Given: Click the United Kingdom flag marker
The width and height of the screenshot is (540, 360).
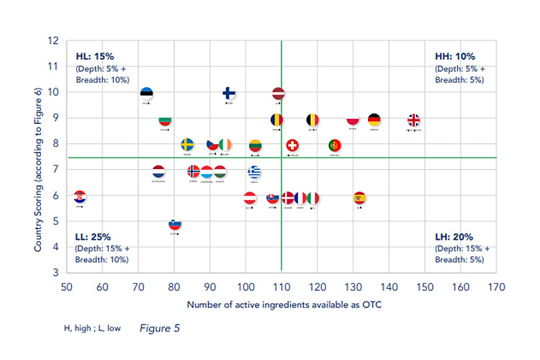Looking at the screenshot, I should [414, 120].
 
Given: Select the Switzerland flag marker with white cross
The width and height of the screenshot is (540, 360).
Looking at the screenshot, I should [292, 146].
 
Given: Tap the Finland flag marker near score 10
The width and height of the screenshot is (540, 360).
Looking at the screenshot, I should [228, 94].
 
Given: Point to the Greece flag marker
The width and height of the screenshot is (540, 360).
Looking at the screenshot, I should [254, 172].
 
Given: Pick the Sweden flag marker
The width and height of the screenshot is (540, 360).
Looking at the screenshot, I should [187, 145].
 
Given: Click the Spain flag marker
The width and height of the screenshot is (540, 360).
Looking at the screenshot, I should [360, 198].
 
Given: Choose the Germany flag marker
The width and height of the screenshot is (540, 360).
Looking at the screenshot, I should [374, 120].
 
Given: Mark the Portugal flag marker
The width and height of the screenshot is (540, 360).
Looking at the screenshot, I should [335, 146].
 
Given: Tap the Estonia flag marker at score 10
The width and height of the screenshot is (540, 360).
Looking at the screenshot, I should [146, 94].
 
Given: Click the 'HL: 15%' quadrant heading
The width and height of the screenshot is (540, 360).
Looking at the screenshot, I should [95, 55].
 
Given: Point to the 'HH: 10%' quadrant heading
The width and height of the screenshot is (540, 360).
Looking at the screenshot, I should [454, 55].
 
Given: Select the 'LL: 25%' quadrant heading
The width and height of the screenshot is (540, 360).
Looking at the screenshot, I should [94, 236].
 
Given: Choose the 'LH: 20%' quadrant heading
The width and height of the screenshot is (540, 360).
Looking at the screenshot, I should [454, 236].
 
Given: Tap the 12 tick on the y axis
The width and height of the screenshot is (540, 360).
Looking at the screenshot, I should [53, 40].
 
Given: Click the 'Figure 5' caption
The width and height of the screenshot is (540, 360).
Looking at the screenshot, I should [158, 328].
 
